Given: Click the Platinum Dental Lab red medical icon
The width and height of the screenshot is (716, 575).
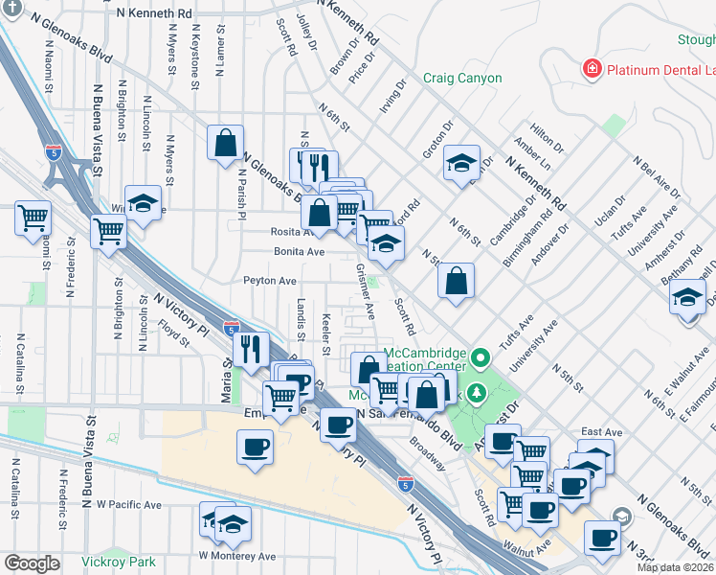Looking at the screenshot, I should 593,69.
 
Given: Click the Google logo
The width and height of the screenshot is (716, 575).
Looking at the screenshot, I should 32,563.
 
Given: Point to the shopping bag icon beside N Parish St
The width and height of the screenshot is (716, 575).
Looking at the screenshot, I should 225,144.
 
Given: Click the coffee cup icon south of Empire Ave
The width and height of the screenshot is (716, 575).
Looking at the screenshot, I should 255,447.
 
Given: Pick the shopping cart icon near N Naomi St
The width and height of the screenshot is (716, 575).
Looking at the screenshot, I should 32,218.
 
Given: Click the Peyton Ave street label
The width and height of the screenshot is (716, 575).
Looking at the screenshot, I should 270,281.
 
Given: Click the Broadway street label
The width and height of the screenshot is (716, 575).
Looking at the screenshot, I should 427,454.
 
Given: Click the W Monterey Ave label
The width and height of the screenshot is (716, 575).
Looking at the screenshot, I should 236,556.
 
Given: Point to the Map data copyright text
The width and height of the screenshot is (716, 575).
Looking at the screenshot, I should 675,567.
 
